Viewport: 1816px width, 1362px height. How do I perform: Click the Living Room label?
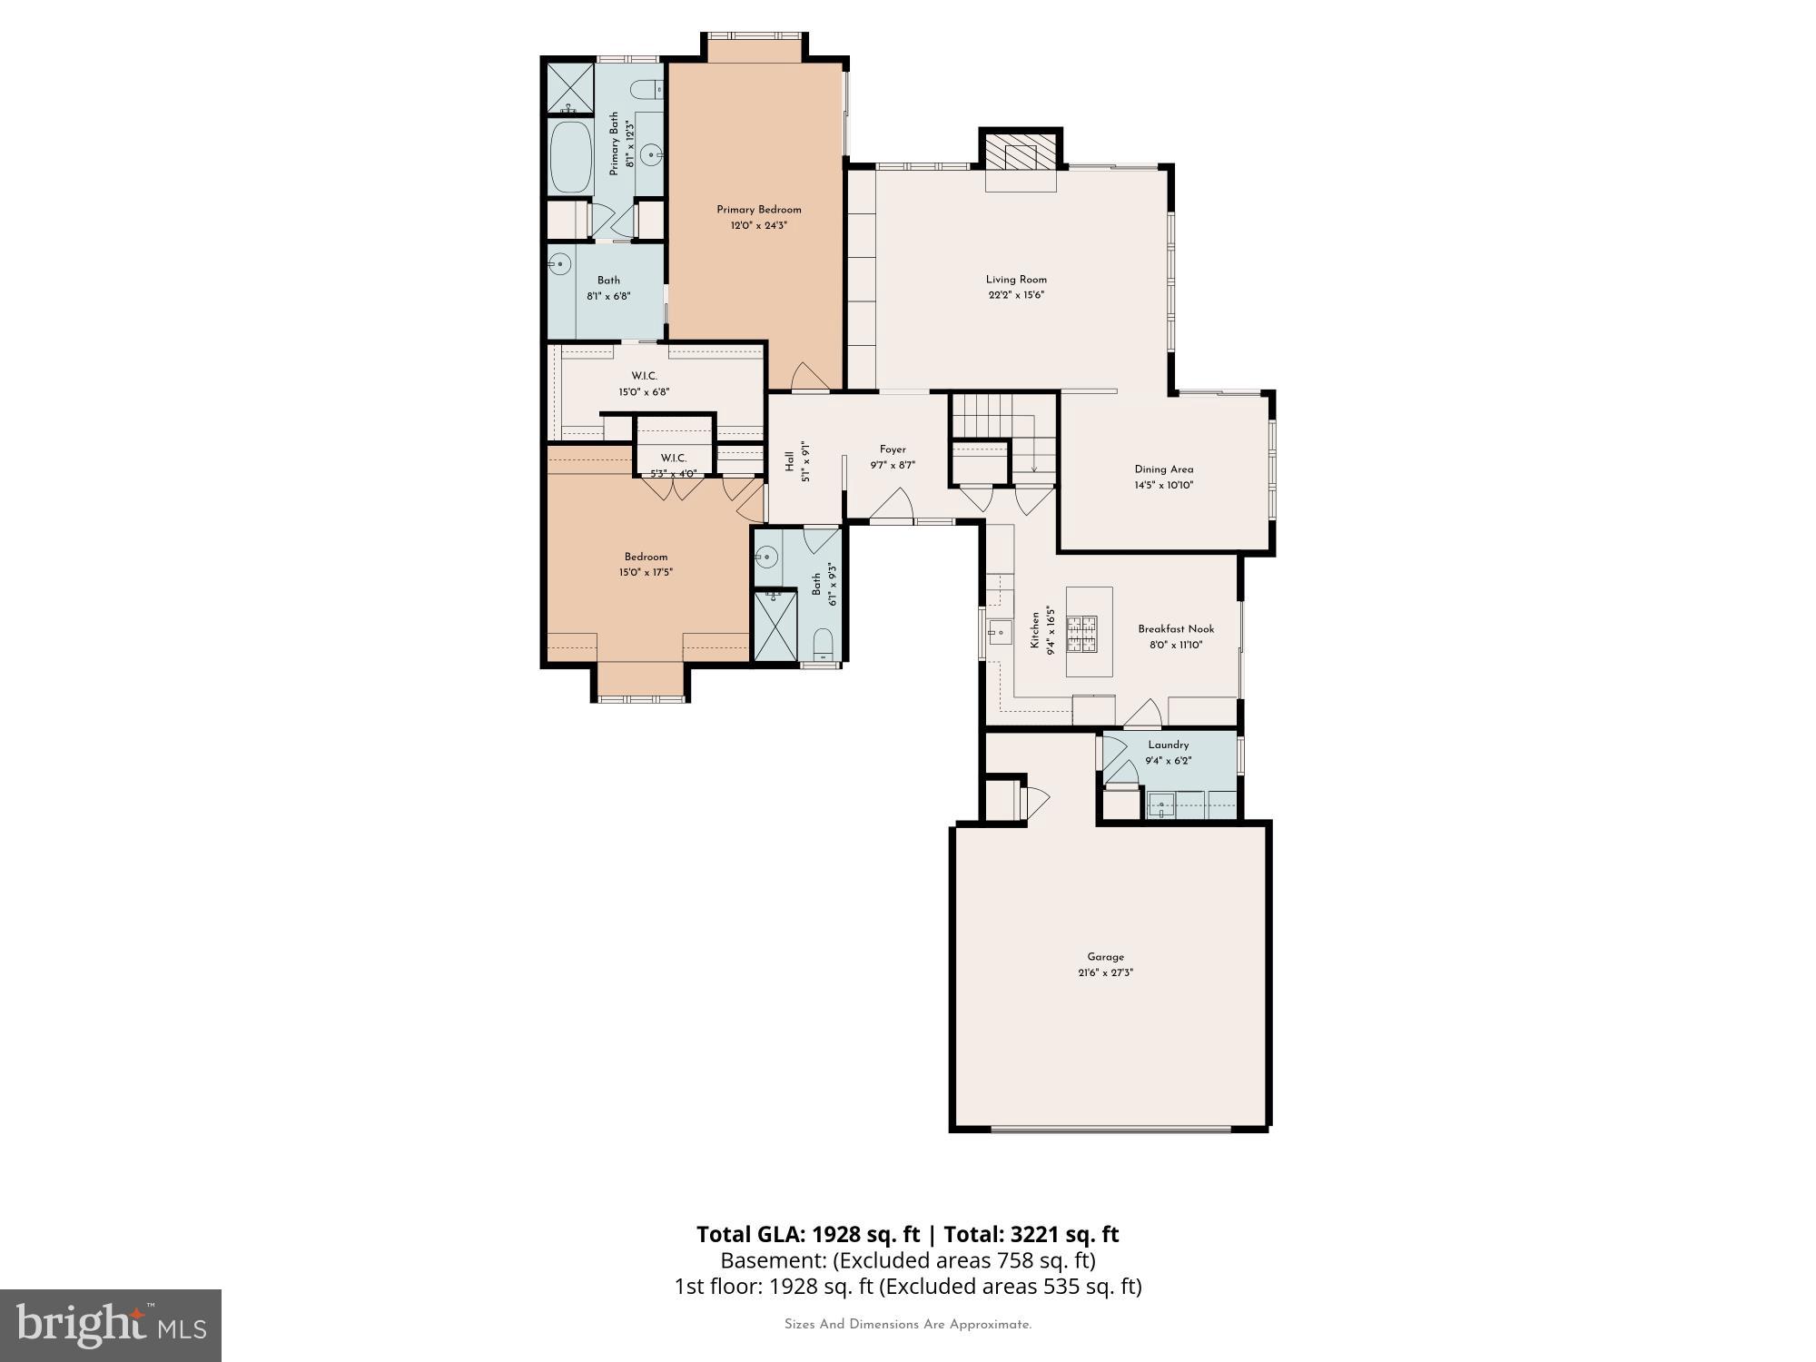[x=1016, y=280]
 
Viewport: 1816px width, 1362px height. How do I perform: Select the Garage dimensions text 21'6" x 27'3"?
[x=1105, y=972]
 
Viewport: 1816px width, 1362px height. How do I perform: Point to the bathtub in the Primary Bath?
[x=571, y=157]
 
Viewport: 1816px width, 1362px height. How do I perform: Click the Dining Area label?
[x=1163, y=469]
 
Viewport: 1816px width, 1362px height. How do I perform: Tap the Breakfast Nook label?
[x=1176, y=629]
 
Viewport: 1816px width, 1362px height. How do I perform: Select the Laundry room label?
[x=1168, y=745]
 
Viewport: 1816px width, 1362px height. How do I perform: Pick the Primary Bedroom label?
[x=758, y=210]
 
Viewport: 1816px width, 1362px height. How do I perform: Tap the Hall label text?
[x=789, y=461]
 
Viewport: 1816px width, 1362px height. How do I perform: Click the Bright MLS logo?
[x=111, y=1325]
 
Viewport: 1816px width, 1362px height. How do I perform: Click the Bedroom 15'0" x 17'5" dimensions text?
[x=646, y=573]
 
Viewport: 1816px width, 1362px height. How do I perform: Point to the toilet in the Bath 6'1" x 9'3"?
[x=823, y=643]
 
